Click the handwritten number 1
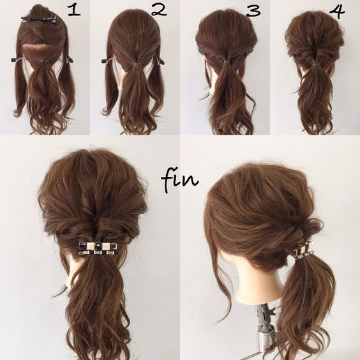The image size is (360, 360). click(74, 11)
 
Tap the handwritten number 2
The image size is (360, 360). click(159, 10)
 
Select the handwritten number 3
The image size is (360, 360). click(253, 11)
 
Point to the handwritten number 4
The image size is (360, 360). click(337, 11)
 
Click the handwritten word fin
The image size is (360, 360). click(180, 181)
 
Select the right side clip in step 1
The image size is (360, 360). click(70, 60)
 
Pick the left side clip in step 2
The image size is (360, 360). click(107, 61)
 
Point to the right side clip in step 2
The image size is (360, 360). click(160, 61)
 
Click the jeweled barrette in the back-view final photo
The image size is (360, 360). click(99, 248)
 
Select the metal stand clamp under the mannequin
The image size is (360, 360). click(264, 328)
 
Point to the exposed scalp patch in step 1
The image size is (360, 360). click(35, 48)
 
